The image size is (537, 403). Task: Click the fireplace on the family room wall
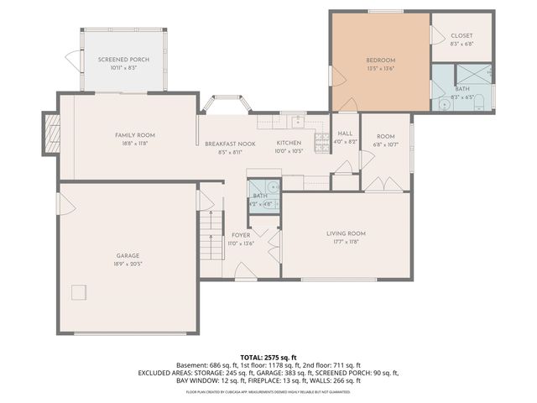(50, 132)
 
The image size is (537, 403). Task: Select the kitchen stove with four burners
(320, 144)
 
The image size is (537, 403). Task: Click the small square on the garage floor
(79, 292)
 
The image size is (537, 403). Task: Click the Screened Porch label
(117, 59)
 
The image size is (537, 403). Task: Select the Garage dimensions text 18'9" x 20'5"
(128, 263)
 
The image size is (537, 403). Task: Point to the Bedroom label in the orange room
(380, 60)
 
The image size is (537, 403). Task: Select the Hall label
(346, 134)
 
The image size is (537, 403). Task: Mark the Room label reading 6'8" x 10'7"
(385, 136)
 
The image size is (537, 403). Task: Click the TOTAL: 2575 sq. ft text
(268, 356)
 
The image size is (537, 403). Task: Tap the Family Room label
(135, 135)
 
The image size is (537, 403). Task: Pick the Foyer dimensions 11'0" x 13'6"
(241, 243)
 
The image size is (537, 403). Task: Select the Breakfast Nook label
(230, 144)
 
